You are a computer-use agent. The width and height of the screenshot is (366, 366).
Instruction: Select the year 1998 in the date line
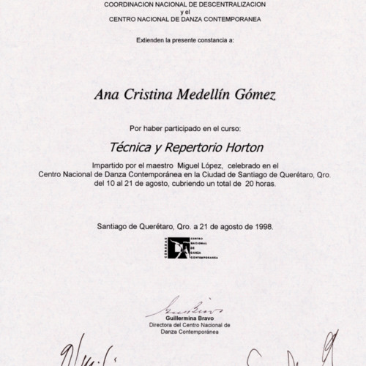[x=261, y=226]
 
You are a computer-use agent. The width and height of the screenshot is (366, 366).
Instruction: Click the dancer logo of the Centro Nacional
[x=178, y=248]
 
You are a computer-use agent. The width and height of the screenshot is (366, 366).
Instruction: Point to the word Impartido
[x=110, y=166]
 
